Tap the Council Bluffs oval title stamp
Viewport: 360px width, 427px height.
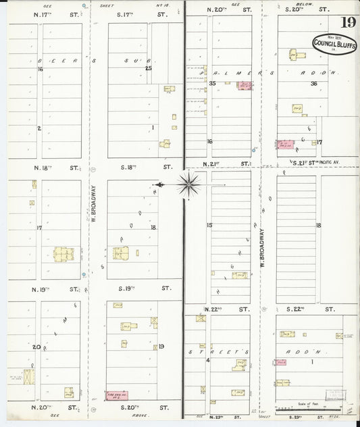(x=334, y=44)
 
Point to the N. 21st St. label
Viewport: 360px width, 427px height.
(x=218, y=164)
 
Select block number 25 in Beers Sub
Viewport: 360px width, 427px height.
(x=149, y=68)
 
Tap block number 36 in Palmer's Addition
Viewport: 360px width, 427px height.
(x=313, y=84)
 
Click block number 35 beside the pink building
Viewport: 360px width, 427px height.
(x=212, y=84)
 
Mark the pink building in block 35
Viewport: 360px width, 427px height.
(x=243, y=86)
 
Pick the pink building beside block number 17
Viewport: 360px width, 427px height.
(x=286, y=145)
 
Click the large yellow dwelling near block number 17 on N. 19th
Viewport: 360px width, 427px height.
(x=64, y=255)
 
